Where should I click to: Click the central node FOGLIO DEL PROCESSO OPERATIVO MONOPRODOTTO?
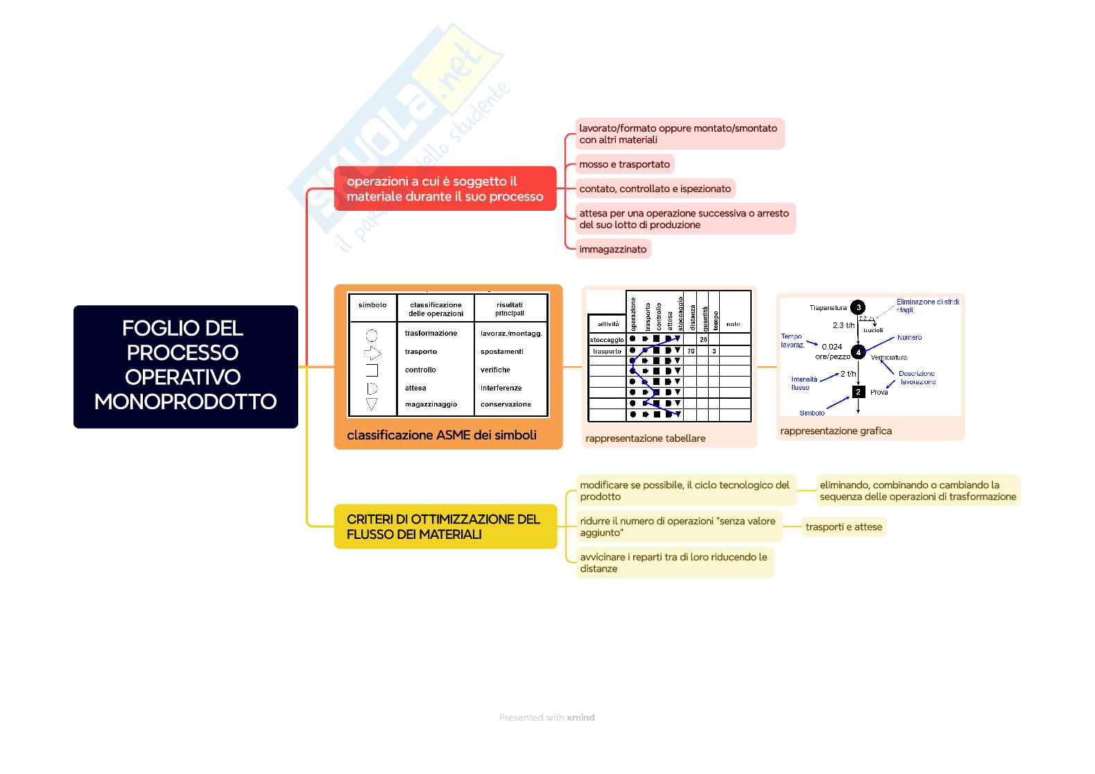pos(185,365)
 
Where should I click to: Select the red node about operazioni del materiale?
pos(445,189)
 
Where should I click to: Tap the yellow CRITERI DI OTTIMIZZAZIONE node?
pos(445,526)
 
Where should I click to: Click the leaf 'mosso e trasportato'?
pos(624,164)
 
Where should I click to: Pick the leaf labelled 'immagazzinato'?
pos(612,249)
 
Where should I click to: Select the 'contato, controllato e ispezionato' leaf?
pos(655,189)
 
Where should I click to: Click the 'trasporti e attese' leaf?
pos(843,527)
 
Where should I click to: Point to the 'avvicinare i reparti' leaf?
pos(673,562)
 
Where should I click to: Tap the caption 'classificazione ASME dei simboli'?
pos(441,436)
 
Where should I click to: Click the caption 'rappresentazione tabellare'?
pos(645,438)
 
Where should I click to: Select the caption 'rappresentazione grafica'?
pos(836,431)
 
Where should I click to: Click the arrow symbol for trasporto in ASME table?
pos(372,353)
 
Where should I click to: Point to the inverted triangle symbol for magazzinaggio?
pos(372,404)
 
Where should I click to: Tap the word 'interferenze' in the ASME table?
pos(501,388)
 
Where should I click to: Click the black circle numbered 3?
pos(858,307)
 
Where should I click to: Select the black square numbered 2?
pos(858,392)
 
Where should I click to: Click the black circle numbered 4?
pos(858,352)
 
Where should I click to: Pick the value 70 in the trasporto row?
pos(691,352)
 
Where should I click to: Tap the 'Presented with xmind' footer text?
pos(546,718)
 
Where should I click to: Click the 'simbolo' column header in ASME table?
pos(372,305)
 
